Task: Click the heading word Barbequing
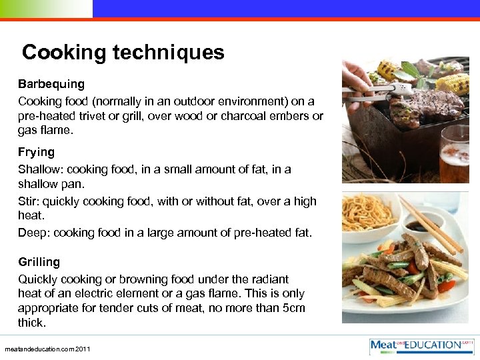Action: pos(51,84)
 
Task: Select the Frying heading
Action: pos(37,152)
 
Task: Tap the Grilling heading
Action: pos(39,262)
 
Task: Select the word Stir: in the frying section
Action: pos(29,201)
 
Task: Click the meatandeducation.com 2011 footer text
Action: pos(47,349)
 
